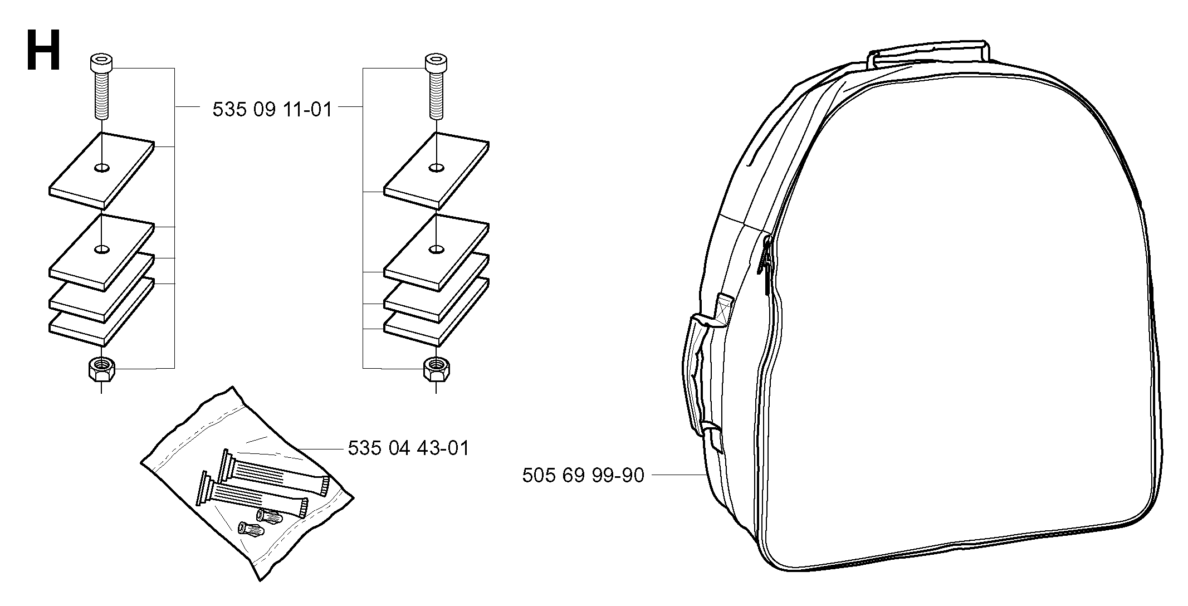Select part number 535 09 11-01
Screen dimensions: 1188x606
pos(272,109)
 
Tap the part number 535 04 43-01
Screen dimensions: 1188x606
pos(408,448)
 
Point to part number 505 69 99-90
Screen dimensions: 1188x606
pos(583,475)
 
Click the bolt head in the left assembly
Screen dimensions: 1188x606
pos(101,62)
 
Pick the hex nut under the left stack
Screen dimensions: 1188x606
pos(101,369)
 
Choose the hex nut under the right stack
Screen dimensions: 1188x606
pos(437,369)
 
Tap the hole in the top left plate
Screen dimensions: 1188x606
pos(102,167)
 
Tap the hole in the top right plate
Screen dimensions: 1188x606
pos(437,167)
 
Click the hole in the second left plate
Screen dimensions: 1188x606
pos(102,249)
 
